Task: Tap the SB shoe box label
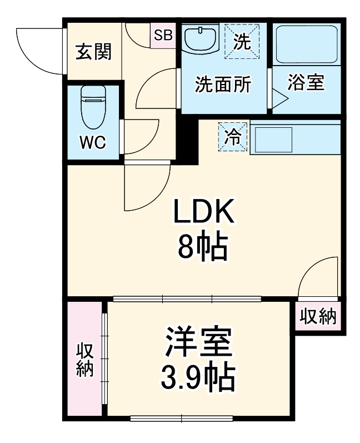[x=163, y=36]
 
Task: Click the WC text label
[x=92, y=142]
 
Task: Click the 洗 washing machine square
[x=242, y=40]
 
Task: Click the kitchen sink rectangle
[x=274, y=139]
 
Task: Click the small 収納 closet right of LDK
[x=318, y=316]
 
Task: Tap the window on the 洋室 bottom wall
[x=182, y=419]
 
